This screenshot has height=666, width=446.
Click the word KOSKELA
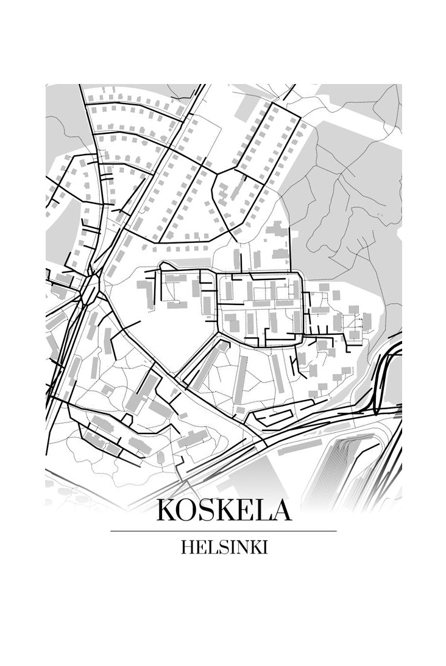click(x=224, y=510)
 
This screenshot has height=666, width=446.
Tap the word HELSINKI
click(x=224, y=547)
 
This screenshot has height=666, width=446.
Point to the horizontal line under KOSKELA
click(x=224, y=531)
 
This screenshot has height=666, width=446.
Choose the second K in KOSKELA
click(x=227, y=510)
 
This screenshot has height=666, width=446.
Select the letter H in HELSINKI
click(x=186, y=547)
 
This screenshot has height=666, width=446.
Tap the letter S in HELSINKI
click(x=218, y=547)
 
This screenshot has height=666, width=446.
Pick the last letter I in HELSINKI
click(x=264, y=547)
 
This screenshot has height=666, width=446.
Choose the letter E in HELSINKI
click(x=199, y=547)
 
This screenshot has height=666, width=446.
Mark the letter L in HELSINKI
click(x=208, y=547)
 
